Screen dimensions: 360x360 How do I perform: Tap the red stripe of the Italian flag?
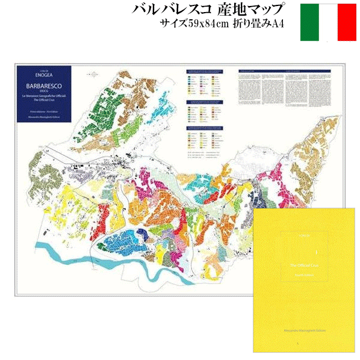[347, 22]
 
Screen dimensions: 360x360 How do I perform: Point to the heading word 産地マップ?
[253, 10]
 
